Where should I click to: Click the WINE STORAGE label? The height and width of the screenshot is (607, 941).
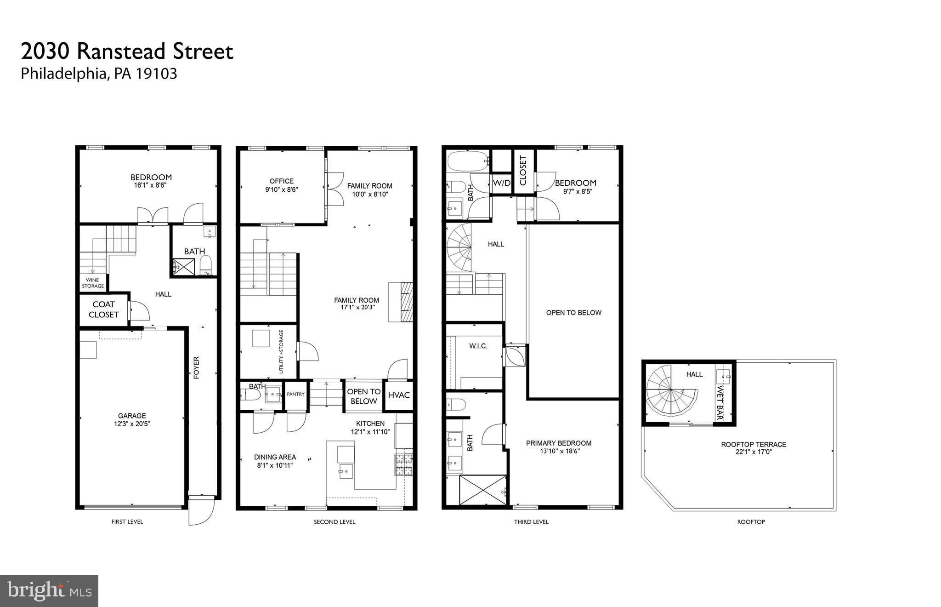[93, 283]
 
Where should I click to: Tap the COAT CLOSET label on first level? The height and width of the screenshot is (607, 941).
[103, 309]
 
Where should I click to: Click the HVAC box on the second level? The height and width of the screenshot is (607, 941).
[398, 395]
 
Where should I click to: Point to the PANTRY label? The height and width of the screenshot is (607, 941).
[295, 394]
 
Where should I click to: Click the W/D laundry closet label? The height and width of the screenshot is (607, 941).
[501, 183]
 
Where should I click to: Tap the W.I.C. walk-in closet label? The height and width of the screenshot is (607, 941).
[478, 346]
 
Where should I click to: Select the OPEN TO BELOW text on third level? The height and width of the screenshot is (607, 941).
[573, 313]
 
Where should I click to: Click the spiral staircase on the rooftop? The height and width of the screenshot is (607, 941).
[671, 396]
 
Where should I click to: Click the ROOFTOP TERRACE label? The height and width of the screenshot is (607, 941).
[754, 444]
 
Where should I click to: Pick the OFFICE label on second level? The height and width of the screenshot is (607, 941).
[281, 181]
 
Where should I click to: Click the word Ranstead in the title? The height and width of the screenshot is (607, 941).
[122, 52]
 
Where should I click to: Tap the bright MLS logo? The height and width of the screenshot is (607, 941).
[49, 591]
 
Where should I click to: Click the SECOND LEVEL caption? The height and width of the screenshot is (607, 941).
[334, 522]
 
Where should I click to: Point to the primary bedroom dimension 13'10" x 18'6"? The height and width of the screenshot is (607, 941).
[560, 452]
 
